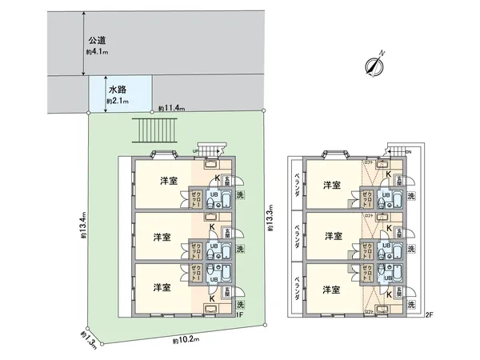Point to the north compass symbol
[374, 66]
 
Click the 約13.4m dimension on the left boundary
[83, 226]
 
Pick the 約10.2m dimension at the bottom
[185, 340]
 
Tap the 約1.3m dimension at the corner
[88, 339]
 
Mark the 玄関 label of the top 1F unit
[226, 181]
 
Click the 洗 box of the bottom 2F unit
[411, 304]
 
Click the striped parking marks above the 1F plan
[156, 130]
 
